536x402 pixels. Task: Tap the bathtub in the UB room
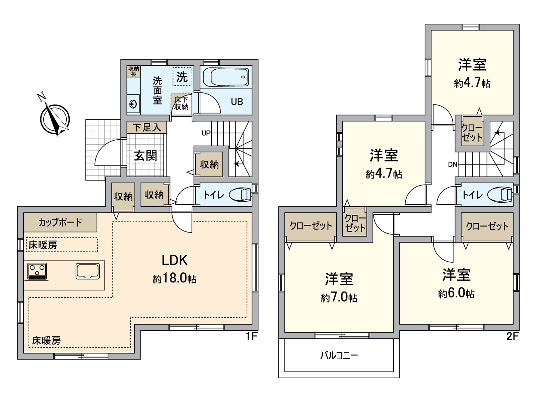[225, 78]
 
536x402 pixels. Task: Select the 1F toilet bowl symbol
[240, 195]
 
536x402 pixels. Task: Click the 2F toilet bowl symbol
[500, 195]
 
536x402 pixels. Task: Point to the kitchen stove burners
[38, 271]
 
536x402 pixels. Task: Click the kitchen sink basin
[88, 271]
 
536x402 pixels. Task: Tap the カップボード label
[60, 222]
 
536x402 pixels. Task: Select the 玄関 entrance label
[146, 156]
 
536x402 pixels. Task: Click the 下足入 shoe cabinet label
[147, 128]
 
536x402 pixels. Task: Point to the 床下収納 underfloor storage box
[181, 104]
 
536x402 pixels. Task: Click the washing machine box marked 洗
[182, 77]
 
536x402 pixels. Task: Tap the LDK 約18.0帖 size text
[175, 279]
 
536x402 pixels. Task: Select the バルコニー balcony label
[339, 355]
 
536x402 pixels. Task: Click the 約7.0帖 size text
[339, 297]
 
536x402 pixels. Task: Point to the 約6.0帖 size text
[456, 293]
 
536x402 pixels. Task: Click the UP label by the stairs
[206, 133]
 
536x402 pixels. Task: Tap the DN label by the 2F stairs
[452, 164]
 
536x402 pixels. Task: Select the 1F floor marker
[251, 336]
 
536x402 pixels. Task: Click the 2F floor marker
[512, 336]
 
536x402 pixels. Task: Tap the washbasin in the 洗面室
[133, 104]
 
